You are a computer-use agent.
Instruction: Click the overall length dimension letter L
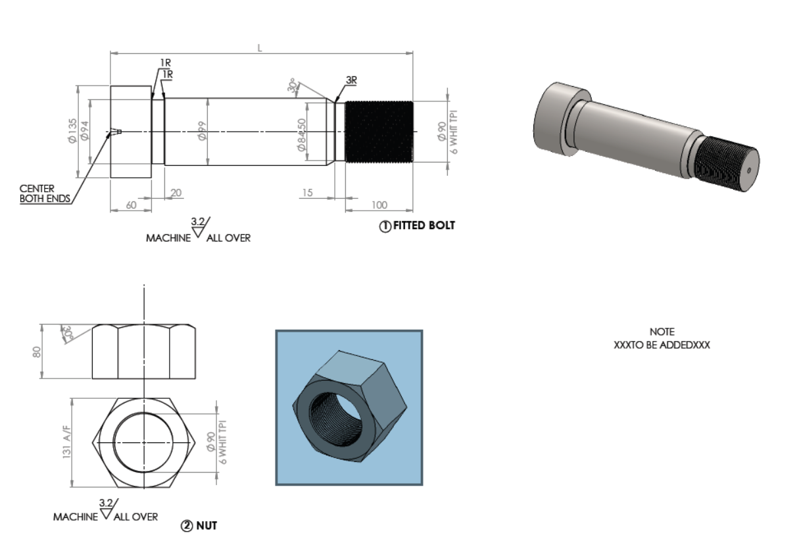pos(260,48)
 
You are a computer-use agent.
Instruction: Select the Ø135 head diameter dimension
pos(72,131)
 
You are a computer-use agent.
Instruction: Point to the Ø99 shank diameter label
pos(203,131)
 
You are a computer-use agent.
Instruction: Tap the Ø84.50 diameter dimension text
pos(301,135)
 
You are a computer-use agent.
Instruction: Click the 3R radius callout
pos(351,80)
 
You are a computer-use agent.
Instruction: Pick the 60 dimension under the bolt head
pos(131,205)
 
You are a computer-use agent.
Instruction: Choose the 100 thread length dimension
pos(379,205)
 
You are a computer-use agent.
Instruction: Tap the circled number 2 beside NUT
pos(185,526)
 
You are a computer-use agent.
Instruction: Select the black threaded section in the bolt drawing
pos(379,132)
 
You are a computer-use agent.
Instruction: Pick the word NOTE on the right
pos(662,332)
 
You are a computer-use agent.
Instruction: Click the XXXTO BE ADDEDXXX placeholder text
pos(662,344)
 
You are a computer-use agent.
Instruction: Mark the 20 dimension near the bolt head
pos(176,192)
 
